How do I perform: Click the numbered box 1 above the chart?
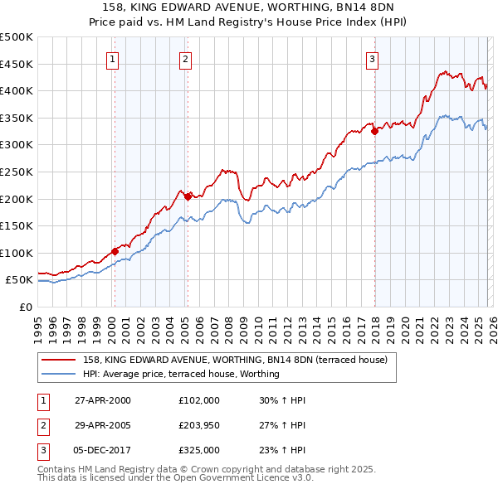pos(112,59)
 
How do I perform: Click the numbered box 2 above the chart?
pos(184,59)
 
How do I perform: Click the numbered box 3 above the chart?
pos(373,59)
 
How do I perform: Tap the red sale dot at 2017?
pos(374,131)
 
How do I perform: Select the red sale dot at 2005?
pos(188,196)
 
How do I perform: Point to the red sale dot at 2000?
pos(115,251)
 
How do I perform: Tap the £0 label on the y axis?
pos(24,307)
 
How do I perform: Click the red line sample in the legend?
pos(59,360)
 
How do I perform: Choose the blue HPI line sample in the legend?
pos(59,374)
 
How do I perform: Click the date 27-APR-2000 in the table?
pos(102,400)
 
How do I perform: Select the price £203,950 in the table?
pos(200,425)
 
